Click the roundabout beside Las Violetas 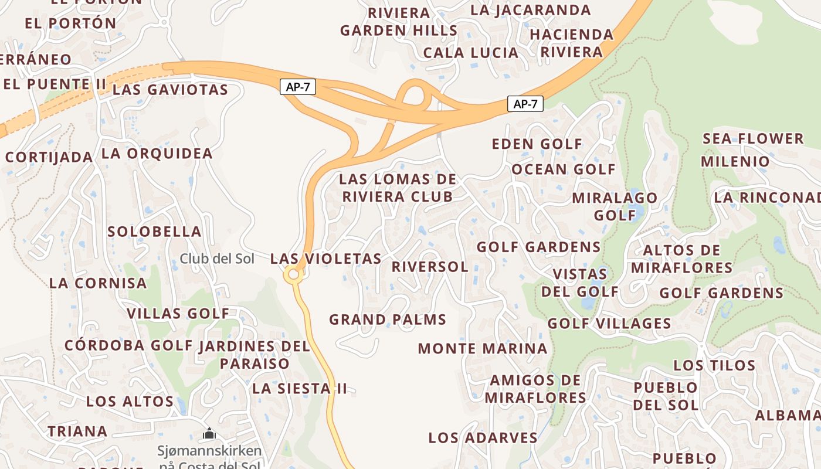pos(293,274)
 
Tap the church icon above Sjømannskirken pos(209,434)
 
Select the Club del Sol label pos(217,259)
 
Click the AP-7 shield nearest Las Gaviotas pos(298,87)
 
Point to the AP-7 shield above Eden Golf pos(525,104)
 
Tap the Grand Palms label pos(388,320)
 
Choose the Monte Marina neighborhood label pos(482,349)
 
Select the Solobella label pos(154,232)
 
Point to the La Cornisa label pos(98,283)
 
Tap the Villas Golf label pos(178,314)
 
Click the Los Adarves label pos(483,438)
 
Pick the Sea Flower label pos(753,139)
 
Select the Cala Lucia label pos(471,53)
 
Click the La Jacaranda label pos(531,10)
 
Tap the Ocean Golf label pos(564,170)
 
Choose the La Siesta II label pos(300,389)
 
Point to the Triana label pos(77,431)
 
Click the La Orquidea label pos(157,154)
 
